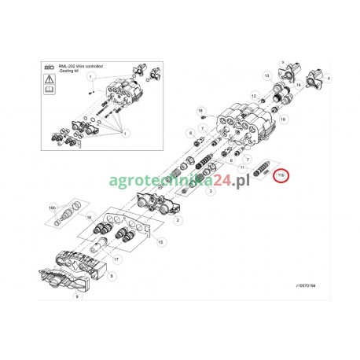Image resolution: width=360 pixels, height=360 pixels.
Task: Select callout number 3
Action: pos(211,191)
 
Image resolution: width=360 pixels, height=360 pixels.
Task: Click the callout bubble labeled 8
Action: pos(112,277)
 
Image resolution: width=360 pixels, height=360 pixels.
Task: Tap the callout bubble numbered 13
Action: pos(267,75)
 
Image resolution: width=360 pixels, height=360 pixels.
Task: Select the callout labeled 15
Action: pos(161,243)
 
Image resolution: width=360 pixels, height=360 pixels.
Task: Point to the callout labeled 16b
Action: pos(53,208)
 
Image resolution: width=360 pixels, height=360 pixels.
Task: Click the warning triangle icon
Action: pos(49,80)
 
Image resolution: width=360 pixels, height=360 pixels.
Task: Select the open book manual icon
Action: pos(49,92)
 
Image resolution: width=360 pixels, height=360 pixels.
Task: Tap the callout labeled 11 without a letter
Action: pos(232,168)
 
